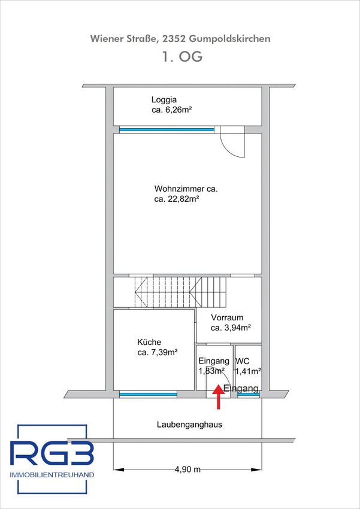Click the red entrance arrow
(219, 396)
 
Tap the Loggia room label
(164, 99)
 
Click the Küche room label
(149, 342)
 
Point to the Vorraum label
(227, 317)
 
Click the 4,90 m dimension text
(187, 469)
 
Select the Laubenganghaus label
(189, 425)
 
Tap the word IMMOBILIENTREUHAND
(52, 475)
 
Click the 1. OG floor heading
(182, 56)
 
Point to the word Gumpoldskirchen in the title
(230, 40)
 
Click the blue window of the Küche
(148, 395)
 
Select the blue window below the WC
(249, 395)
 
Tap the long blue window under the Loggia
(167, 129)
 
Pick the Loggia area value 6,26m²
(171, 110)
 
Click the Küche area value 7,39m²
(157, 353)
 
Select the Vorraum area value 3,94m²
(231, 328)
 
